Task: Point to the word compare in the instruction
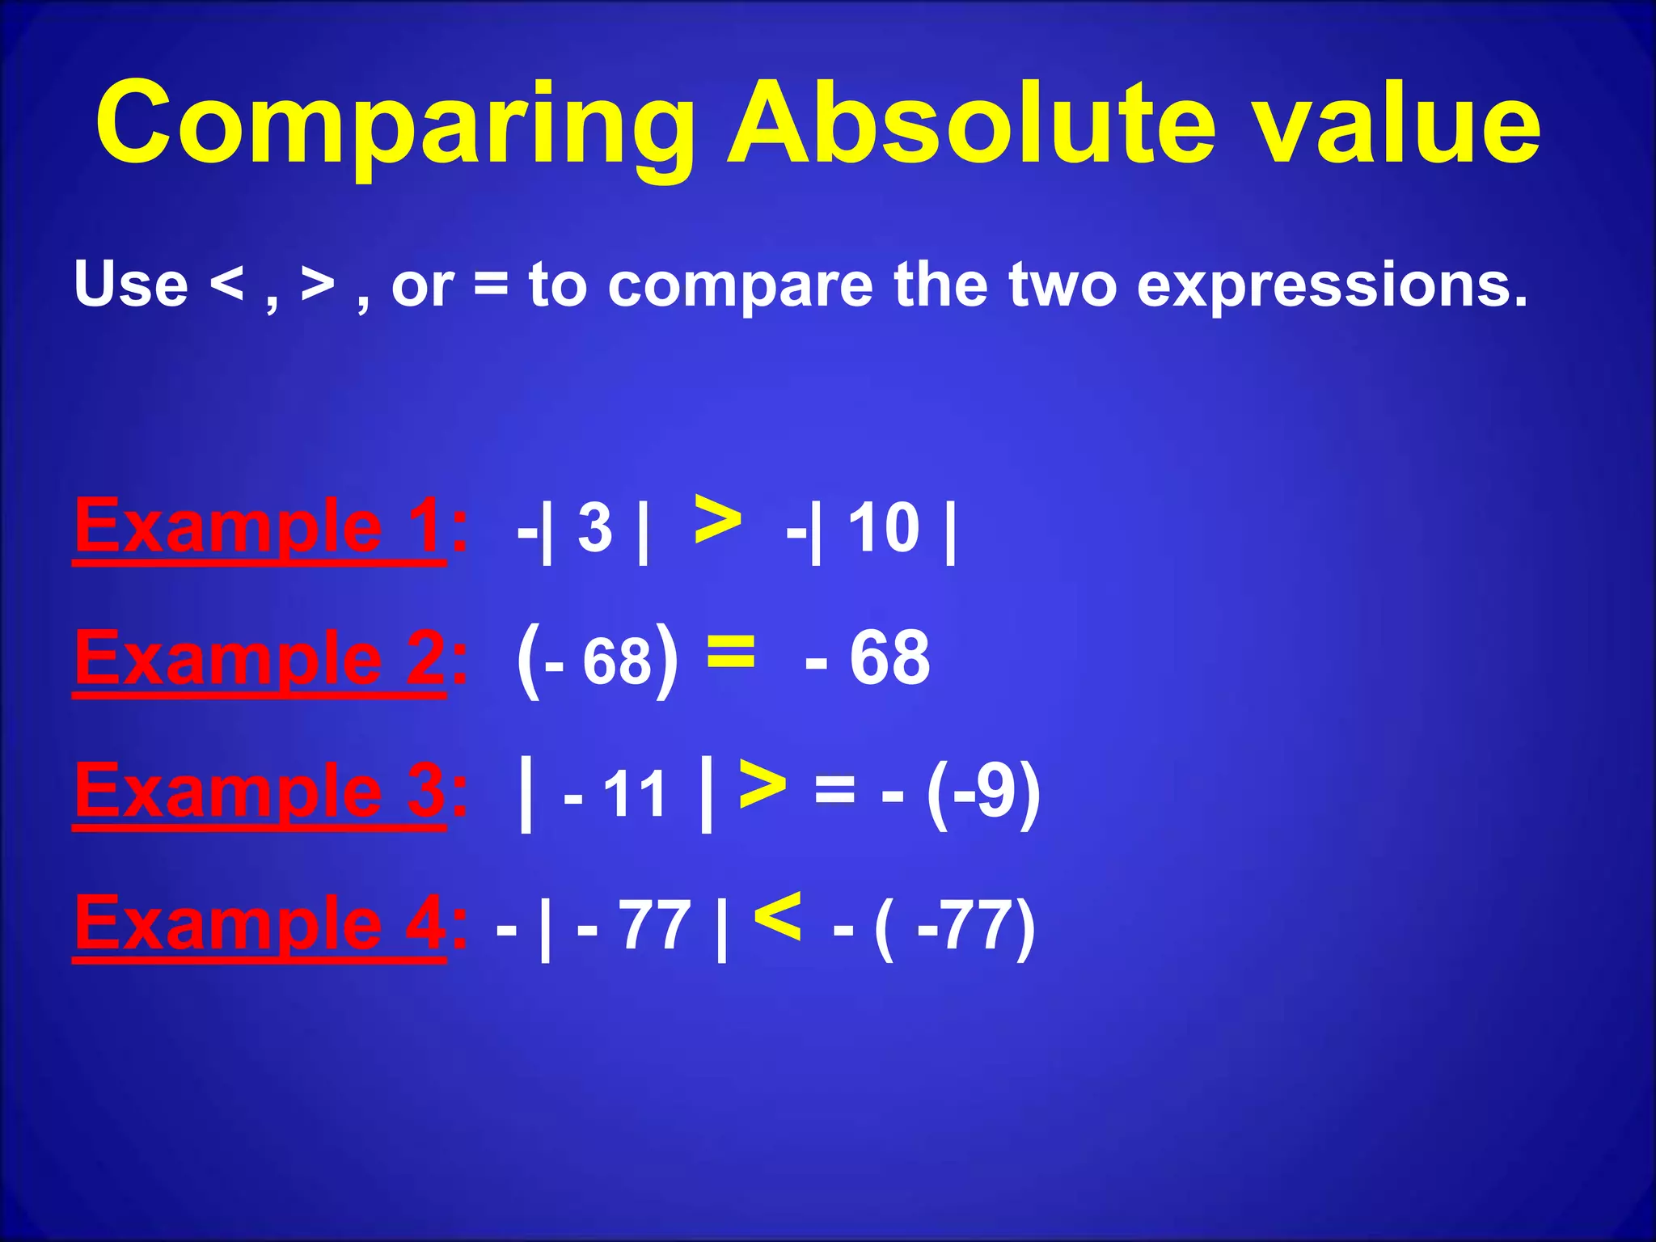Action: tap(740, 287)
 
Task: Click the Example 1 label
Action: tap(259, 527)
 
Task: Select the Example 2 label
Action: tap(259, 659)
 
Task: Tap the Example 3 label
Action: tap(259, 792)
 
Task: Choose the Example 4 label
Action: tap(259, 924)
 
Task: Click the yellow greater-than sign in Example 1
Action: tap(717, 522)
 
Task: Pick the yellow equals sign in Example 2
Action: tap(730, 651)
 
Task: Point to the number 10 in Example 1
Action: tap(883, 528)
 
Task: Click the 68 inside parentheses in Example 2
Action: tap(616, 661)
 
